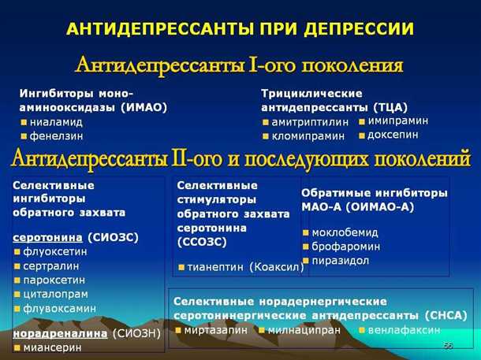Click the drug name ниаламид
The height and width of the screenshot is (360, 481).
(56, 122)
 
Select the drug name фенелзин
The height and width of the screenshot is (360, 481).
(55, 135)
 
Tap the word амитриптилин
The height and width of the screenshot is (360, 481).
(309, 122)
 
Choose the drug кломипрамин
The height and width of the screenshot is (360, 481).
(308, 135)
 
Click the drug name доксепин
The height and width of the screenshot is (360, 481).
(393, 135)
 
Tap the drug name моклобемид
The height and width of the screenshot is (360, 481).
(345, 232)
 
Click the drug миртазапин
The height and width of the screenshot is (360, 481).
(216, 329)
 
